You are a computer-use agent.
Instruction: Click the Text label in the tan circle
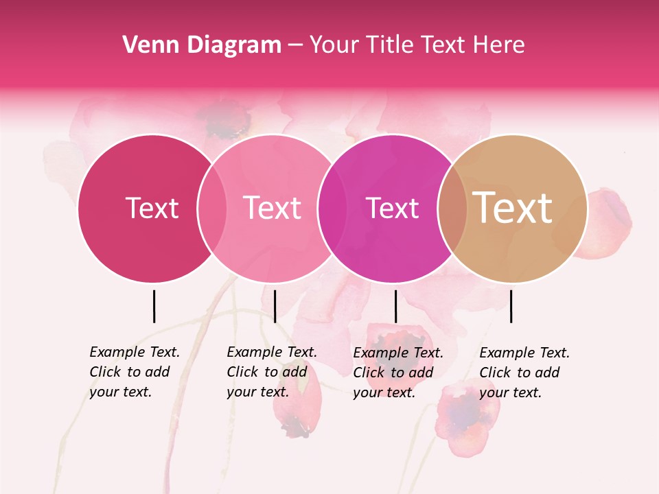[x=513, y=208]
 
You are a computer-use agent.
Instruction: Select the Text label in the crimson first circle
[x=152, y=208]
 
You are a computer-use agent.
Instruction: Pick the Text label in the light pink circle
[x=272, y=208]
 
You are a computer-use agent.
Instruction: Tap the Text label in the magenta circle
[x=392, y=208]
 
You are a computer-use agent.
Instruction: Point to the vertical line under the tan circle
[x=511, y=306]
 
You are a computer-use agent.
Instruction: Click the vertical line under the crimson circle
[x=154, y=306]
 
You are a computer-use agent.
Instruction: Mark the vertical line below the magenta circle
[x=395, y=306]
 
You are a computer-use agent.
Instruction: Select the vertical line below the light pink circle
[x=275, y=306]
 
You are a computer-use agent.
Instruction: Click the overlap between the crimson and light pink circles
[x=212, y=208]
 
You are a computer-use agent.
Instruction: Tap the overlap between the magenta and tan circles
[x=452, y=208]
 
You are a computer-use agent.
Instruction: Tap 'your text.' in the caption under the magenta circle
[x=384, y=392]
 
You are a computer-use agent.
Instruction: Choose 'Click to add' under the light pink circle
[x=266, y=372]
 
